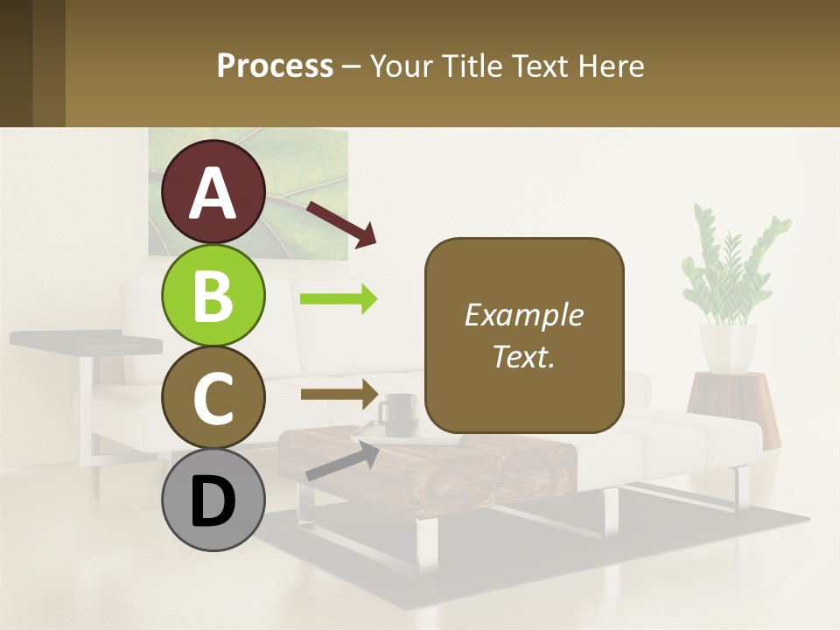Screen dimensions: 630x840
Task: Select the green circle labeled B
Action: (x=213, y=295)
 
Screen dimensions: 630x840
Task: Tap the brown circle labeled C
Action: (x=213, y=398)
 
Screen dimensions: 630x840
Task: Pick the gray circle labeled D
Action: (x=213, y=500)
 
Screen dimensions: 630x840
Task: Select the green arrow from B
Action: (x=339, y=299)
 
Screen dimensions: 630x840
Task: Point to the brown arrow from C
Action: (x=339, y=394)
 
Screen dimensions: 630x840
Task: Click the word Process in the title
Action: (x=275, y=66)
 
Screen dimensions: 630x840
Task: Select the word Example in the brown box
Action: (x=523, y=315)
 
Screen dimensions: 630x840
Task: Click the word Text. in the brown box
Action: (x=523, y=356)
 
